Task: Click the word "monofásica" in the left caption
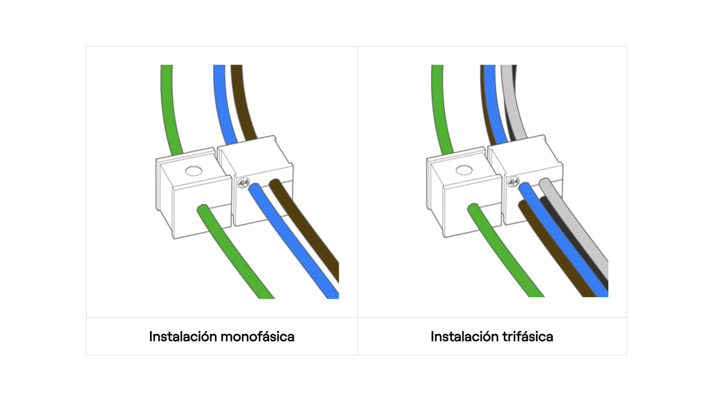click(x=257, y=337)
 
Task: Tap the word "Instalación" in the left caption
click(x=183, y=337)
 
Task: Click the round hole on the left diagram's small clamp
click(x=194, y=171)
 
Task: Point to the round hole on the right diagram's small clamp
click(x=464, y=170)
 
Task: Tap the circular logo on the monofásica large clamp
click(x=243, y=183)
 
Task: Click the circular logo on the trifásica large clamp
click(x=513, y=182)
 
